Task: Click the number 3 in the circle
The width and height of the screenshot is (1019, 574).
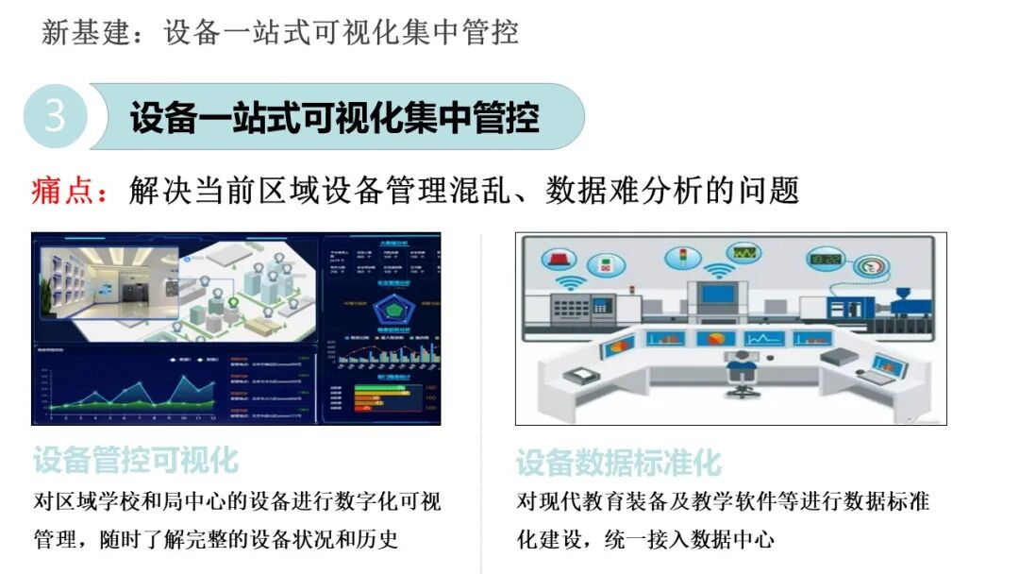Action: tap(56, 116)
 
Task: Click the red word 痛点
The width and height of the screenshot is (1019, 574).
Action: tap(70, 191)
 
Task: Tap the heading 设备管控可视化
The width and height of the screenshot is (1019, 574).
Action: tap(136, 461)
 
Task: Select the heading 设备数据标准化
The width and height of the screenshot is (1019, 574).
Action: tap(618, 463)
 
